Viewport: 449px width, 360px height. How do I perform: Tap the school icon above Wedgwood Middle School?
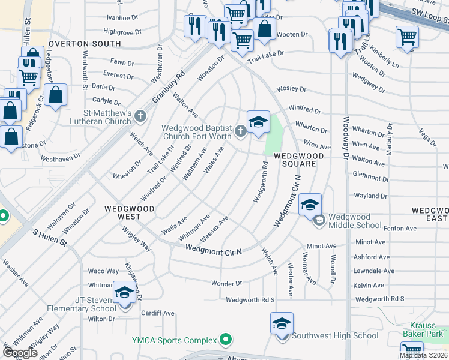(x=310, y=205)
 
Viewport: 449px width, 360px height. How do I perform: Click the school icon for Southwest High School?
(x=282, y=324)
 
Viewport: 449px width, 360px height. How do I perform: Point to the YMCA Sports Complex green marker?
(x=226, y=340)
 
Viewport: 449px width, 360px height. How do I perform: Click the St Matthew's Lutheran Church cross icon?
(x=140, y=115)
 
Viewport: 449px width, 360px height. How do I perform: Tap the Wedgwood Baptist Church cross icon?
(x=240, y=131)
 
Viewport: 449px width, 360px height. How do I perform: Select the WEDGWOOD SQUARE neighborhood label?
(x=299, y=156)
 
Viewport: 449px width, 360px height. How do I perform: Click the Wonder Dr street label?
(x=226, y=283)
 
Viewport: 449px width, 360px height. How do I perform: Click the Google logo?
(x=20, y=353)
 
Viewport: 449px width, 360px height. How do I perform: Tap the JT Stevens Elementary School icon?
(x=124, y=293)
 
